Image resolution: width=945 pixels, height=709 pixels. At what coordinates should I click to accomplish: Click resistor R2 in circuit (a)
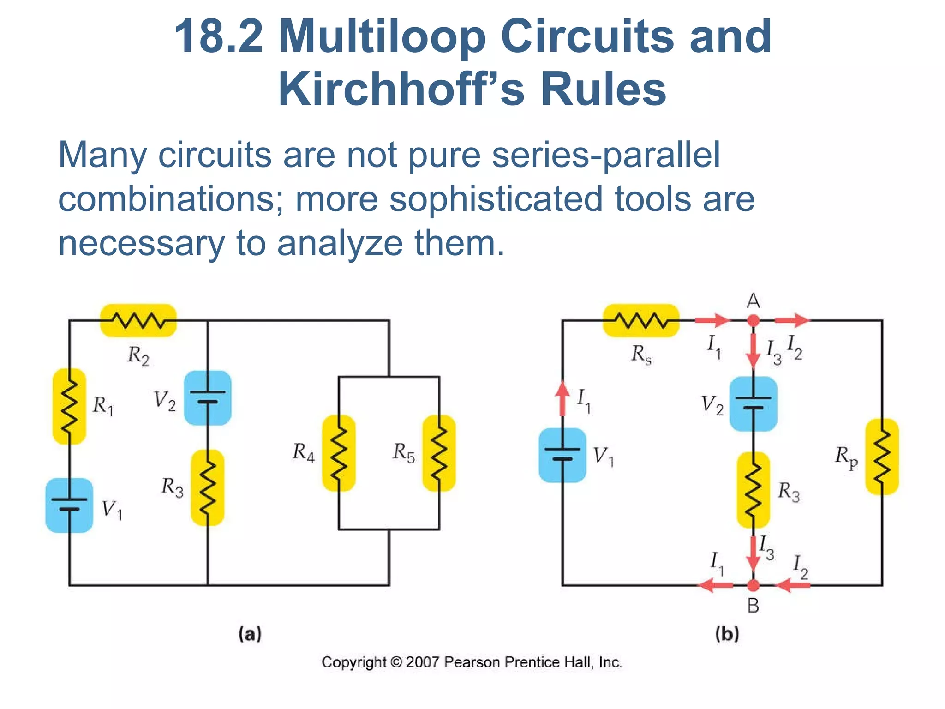click(138, 320)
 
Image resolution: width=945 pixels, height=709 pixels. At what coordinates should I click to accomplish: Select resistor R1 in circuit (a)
click(69, 406)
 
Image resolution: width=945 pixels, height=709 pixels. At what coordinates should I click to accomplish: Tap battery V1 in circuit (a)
click(69, 505)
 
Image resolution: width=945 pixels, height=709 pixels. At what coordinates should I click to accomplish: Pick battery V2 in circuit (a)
click(208, 397)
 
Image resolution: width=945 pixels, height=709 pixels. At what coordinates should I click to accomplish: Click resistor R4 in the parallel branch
click(339, 453)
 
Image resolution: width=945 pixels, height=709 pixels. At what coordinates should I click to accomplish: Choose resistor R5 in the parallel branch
click(439, 453)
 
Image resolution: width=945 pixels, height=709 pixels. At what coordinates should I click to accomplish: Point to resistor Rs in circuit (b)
click(641, 320)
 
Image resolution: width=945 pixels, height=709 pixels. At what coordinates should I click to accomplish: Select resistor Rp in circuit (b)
click(882, 457)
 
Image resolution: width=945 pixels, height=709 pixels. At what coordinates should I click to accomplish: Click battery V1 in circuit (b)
click(562, 455)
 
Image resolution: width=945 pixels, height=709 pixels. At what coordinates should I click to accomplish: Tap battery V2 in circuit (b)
click(753, 403)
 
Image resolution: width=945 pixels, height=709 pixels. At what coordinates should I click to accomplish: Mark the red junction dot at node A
click(753, 320)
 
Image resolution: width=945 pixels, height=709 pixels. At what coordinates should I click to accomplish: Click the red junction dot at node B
click(753, 585)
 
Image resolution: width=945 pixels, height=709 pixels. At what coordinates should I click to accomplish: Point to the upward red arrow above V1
click(562, 398)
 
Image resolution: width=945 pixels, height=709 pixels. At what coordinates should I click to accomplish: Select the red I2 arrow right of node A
click(792, 320)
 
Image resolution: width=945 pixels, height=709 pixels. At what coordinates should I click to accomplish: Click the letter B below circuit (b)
click(753, 606)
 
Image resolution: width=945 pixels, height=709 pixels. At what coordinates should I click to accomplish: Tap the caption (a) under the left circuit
click(250, 634)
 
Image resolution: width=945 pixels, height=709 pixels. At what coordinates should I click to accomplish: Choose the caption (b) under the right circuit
click(727, 634)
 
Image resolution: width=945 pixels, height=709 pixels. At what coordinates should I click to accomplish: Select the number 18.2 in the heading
click(218, 36)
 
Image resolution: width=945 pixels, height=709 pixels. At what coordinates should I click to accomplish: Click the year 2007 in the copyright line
click(422, 662)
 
